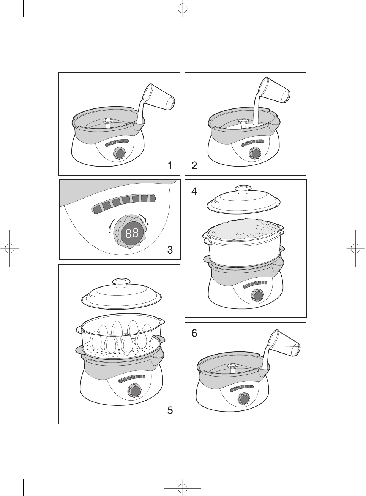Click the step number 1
(x=170, y=165)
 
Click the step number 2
(x=194, y=165)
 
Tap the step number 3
(x=170, y=250)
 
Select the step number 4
(x=194, y=191)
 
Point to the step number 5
(x=170, y=410)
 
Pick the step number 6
(x=194, y=334)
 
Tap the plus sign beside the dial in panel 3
(x=148, y=225)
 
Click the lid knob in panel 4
(x=243, y=189)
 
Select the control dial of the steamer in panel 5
(x=134, y=391)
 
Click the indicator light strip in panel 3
(x=123, y=203)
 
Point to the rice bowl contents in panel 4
(x=243, y=229)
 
